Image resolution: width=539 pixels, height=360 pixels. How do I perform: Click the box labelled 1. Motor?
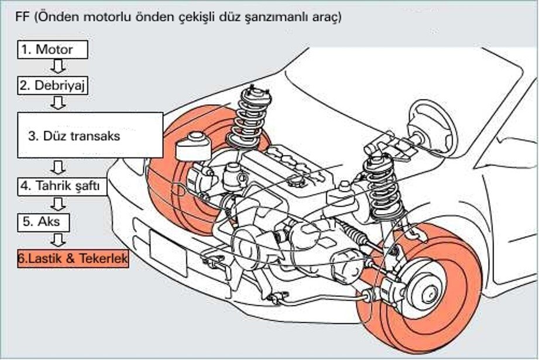53,50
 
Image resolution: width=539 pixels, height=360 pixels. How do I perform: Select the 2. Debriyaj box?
53,85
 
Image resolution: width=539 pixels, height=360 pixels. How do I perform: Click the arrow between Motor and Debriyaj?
58,66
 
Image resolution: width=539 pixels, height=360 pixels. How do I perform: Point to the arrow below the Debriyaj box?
58,103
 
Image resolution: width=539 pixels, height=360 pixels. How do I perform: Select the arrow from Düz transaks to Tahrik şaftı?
58,167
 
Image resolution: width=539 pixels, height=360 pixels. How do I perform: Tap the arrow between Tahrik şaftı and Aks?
58,204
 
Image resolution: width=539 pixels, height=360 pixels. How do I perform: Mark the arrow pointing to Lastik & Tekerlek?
58,239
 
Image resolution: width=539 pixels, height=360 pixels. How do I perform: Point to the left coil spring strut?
248,117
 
